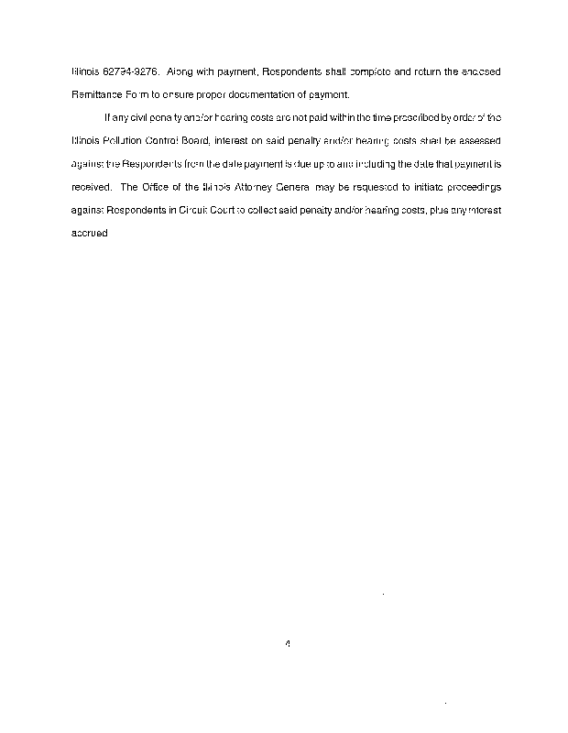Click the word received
pos(91,187)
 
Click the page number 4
pos(288,643)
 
